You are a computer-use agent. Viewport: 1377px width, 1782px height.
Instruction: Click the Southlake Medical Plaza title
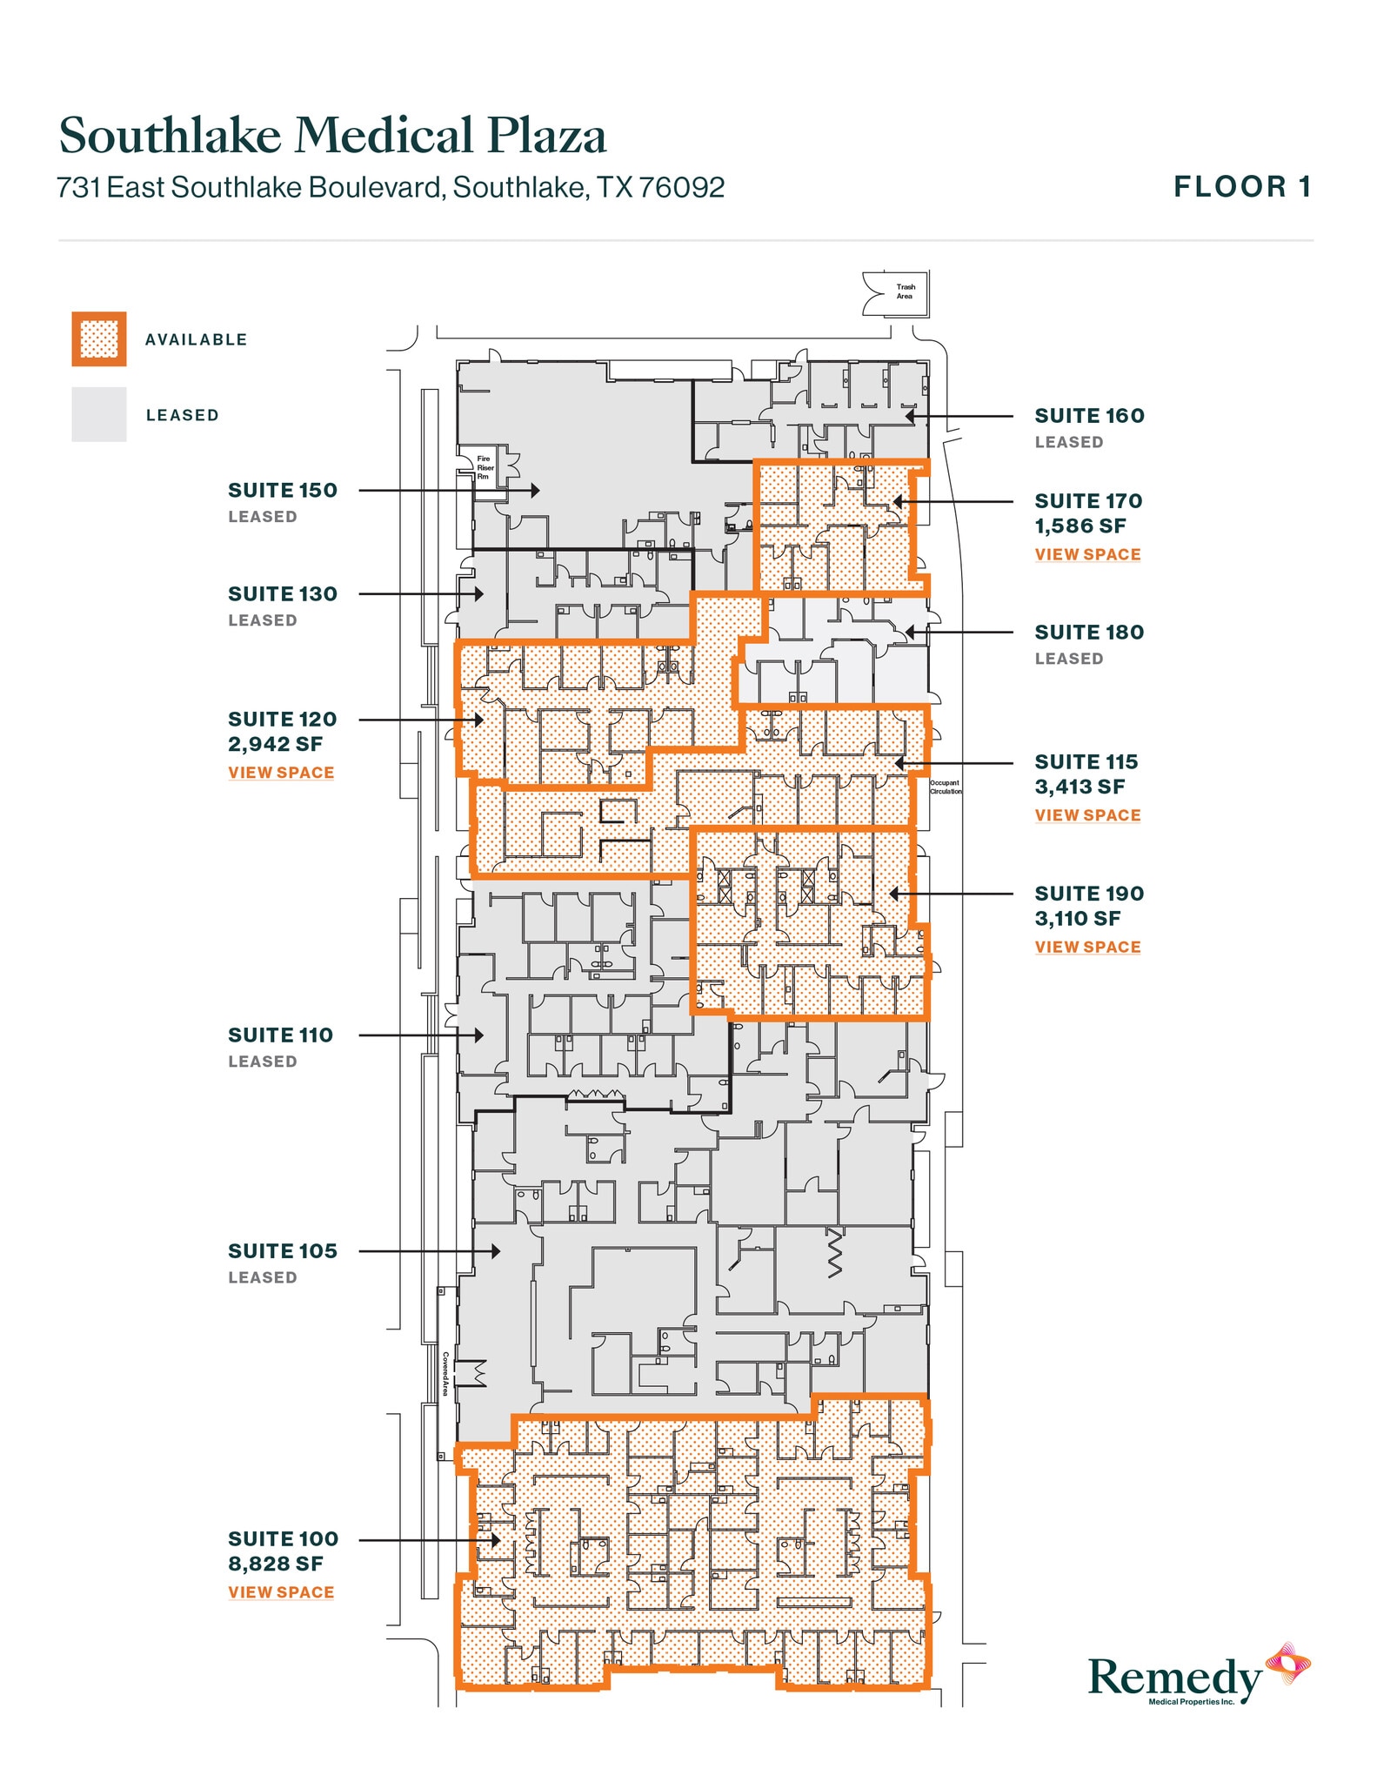click(332, 137)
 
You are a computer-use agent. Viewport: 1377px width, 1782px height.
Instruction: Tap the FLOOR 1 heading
click(1242, 187)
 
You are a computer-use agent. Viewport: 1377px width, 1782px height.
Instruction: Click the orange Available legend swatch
click(98, 339)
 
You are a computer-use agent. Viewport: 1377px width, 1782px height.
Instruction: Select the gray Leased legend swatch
click(98, 415)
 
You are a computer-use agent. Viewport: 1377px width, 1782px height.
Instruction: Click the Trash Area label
click(905, 291)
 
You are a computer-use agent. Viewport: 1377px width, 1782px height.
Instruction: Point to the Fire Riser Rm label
click(484, 467)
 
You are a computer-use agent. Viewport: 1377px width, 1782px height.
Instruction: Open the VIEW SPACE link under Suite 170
click(1087, 554)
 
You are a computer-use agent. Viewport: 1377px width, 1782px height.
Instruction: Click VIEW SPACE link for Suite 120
click(281, 773)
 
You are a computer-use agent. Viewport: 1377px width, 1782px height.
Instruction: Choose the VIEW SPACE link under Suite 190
click(1087, 947)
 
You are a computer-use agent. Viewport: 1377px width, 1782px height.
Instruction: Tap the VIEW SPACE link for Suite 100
click(281, 1592)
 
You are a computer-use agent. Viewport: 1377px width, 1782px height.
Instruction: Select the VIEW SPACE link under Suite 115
click(1087, 815)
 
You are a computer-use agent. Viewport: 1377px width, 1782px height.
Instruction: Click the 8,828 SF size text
click(276, 1564)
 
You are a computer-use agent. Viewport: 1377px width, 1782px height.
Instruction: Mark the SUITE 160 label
click(1089, 416)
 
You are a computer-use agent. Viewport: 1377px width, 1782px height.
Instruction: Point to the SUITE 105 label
click(282, 1251)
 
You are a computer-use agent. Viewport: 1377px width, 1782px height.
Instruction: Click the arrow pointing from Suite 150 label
click(448, 491)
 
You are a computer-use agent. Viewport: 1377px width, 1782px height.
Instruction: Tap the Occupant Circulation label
click(946, 787)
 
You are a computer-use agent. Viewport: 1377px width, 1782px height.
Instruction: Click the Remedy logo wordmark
click(1174, 1676)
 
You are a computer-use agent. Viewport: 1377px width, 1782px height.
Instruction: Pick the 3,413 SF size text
click(1080, 787)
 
